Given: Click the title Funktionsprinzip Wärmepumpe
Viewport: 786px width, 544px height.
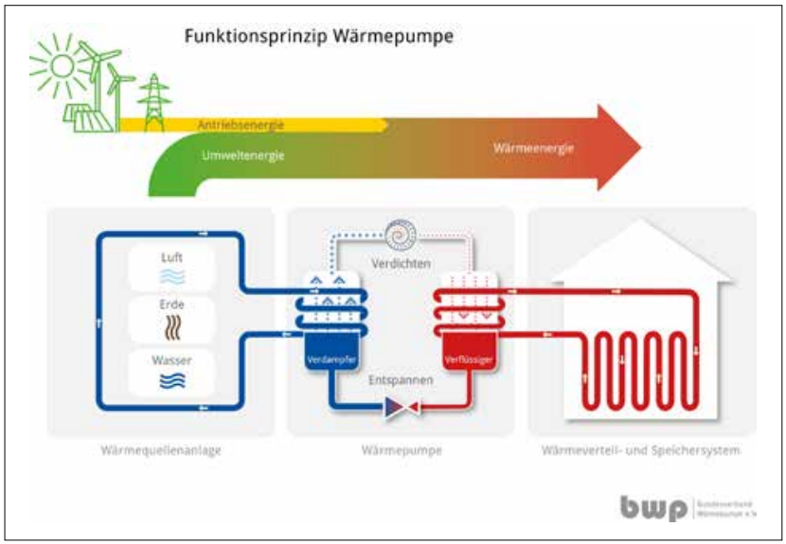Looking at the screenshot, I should (319, 38).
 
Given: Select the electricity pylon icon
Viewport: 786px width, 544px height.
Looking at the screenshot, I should (152, 103).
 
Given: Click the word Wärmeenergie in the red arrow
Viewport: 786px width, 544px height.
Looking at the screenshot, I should (533, 149).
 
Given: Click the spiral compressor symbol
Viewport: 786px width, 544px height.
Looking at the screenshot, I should (403, 232).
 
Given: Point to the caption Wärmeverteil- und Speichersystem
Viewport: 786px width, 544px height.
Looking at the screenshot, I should (640, 451).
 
